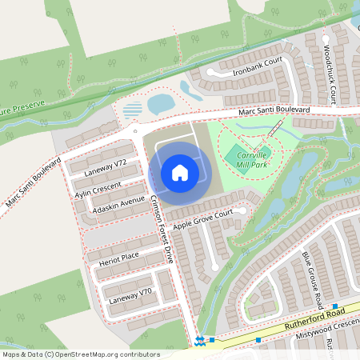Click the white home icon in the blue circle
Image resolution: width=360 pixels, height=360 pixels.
pyautogui.click(x=180, y=172)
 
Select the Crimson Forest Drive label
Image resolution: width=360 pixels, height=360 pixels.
pyautogui.click(x=162, y=231)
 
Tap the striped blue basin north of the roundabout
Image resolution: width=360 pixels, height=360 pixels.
pyautogui.click(x=134, y=108)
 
